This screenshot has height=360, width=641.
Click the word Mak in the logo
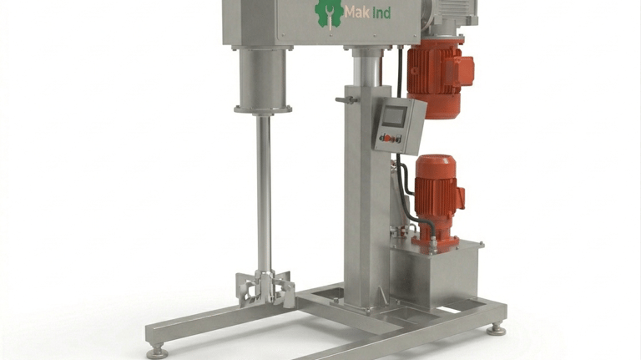[357, 13]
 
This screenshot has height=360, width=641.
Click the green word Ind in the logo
[381, 13]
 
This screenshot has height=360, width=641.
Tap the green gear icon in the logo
[329, 14]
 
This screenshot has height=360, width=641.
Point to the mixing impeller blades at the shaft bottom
[265, 289]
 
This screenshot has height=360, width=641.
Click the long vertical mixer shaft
[264, 193]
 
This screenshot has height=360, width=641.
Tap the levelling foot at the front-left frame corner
[158, 352]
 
